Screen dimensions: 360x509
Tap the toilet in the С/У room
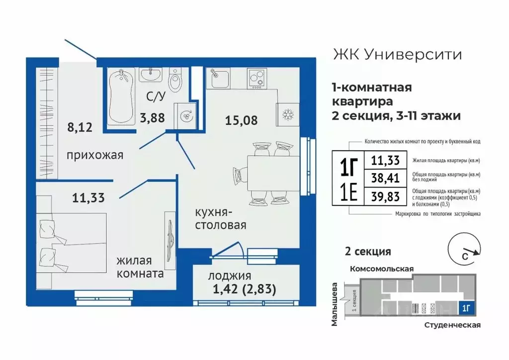click(x=175, y=81)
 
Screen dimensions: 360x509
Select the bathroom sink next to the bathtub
click(x=150, y=75)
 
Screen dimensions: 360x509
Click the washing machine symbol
click(x=184, y=116)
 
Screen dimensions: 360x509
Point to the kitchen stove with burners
click(x=257, y=78)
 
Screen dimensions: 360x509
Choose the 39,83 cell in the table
click(x=385, y=195)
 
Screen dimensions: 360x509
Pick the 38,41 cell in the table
click(x=385, y=178)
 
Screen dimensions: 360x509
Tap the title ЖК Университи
click(x=396, y=54)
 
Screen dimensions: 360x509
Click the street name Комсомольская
click(x=382, y=269)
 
